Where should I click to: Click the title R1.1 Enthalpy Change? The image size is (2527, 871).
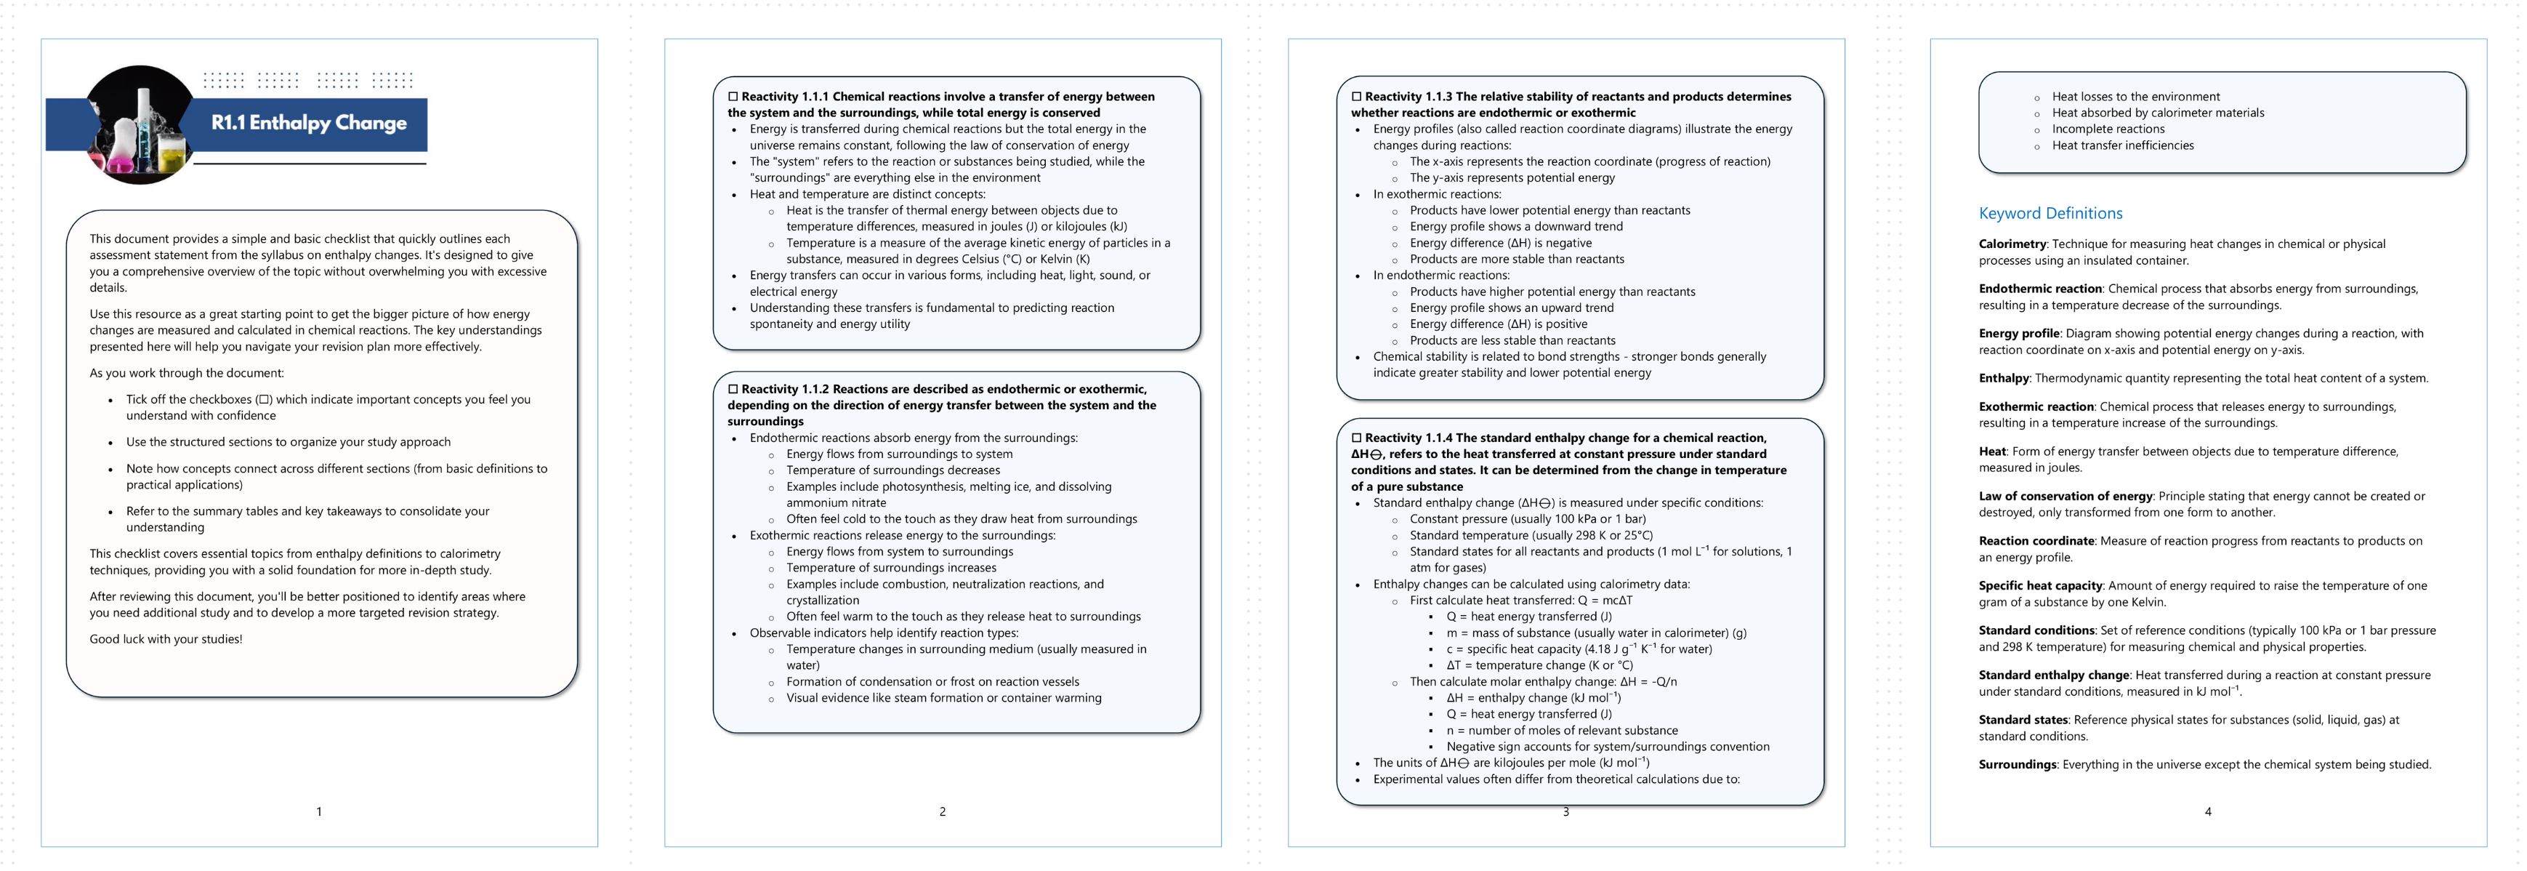click(308, 123)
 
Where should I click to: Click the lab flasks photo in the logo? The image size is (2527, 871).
click(140, 126)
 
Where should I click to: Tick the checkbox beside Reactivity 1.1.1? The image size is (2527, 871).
click(733, 96)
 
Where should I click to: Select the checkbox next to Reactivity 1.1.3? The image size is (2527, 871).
click(1357, 96)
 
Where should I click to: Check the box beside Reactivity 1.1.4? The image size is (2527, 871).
click(1357, 438)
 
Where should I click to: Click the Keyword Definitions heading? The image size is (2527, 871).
click(2050, 213)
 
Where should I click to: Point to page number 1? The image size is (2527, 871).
click(319, 811)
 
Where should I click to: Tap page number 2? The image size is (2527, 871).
click(943, 811)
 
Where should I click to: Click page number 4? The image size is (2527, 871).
click(2208, 811)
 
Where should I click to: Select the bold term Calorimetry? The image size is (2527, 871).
click(2012, 244)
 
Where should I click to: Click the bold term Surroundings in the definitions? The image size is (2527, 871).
click(2017, 764)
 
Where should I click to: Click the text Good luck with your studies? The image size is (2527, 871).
click(166, 638)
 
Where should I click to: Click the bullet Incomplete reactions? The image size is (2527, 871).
click(2108, 129)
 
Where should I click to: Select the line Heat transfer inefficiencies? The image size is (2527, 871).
click(2123, 145)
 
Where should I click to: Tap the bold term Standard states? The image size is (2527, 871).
click(2023, 720)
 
